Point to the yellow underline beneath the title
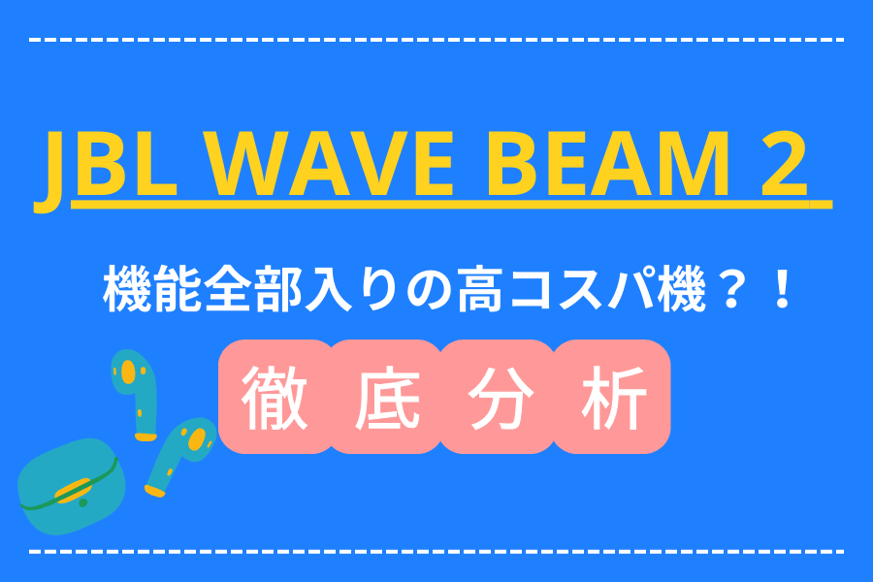pyautogui.click(x=451, y=204)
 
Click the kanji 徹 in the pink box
pyautogui.click(x=275, y=398)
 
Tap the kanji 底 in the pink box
pyautogui.click(x=388, y=398)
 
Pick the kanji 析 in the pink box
pyautogui.click(x=614, y=398)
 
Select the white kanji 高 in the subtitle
pyautogui.click(x=480, y=290)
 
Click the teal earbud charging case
pyautogui.click(x=71, y=487)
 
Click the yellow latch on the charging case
pyautogui.click(x=73, y=491)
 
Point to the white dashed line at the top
pyautogui.click(x=436, y=40)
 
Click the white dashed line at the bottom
pyautogui.click(x=436, y=551)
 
